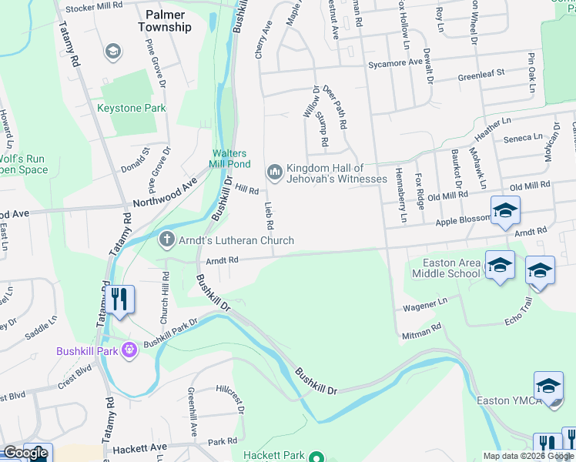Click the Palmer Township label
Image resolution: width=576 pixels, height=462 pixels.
click(165, 20)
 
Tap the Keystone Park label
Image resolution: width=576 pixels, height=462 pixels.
click(131, 109)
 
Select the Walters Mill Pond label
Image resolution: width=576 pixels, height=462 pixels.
click(229, 159)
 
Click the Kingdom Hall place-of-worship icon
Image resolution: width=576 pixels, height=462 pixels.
click(274, 171)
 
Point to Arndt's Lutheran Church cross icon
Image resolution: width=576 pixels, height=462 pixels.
click(166, 240)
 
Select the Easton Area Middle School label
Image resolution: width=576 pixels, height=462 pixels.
click(446, 268)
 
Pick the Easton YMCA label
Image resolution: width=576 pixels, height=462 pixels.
click(504, 400)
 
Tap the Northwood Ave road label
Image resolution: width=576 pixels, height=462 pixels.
click(165, 194)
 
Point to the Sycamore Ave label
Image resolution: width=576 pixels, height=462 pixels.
click(395, 62)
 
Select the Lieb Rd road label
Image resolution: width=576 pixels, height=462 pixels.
click(269, 216)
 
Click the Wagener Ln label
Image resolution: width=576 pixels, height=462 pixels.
click(424, 306)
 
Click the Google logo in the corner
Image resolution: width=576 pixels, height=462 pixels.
click(25, 453)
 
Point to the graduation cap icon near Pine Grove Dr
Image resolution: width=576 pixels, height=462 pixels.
click(112, 52)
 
